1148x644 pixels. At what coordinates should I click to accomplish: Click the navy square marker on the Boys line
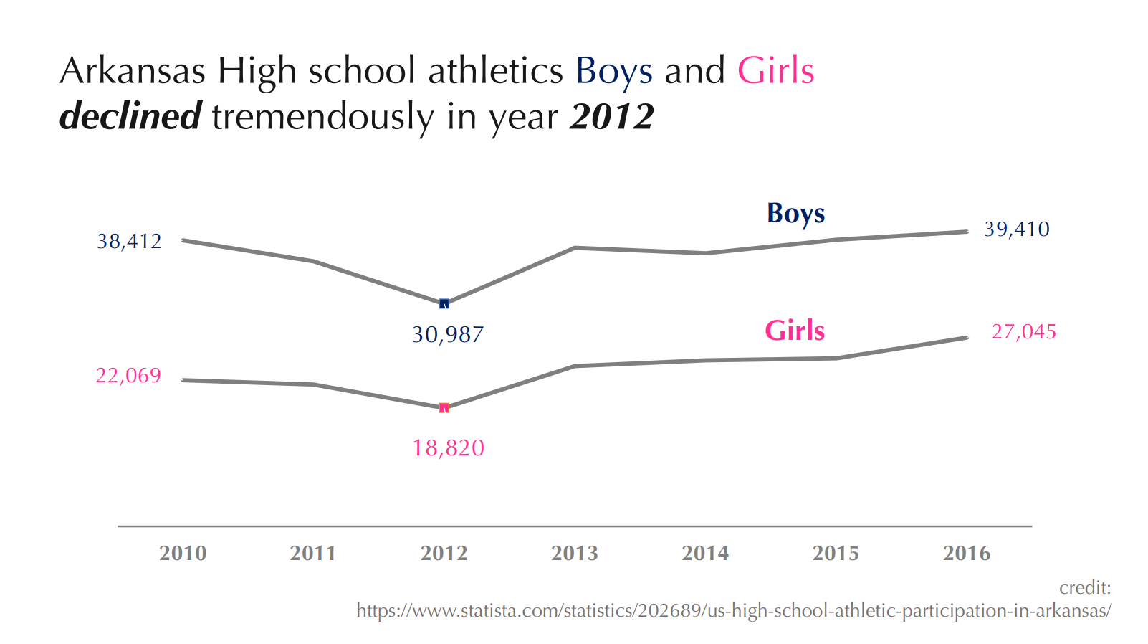click(x=444, y=303)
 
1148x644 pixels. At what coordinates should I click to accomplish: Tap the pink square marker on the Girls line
click(x=444, y=408)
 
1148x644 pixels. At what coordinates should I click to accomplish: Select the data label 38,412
click(x=129, y=242)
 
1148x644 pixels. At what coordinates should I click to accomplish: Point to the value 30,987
click(x=448, y=335)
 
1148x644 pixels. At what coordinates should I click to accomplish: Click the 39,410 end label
click(x=1017, y=229)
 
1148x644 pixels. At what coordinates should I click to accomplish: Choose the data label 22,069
click(x=128, y=376)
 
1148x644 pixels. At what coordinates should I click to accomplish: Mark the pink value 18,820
click(x=448, y=448)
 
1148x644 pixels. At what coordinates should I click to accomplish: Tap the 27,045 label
click(x=1023, y=332)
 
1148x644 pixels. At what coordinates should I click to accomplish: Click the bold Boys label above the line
click(x=796, y=214)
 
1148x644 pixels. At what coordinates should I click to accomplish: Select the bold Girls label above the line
click(x=795, y=330)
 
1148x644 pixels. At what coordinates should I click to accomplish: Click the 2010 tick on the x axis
click(x=183, y=553)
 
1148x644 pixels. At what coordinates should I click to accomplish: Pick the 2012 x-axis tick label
click(x=444, y=553)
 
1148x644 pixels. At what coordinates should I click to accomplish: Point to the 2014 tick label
click(x=705, y=553)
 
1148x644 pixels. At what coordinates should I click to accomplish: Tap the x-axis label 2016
click(x=967, y=553)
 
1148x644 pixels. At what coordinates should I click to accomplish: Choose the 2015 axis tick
click(x=836, y=553)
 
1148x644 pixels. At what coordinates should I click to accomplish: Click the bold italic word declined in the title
click(x=130, y=116)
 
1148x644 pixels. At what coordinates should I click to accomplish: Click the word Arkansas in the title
click(x=133, y=70)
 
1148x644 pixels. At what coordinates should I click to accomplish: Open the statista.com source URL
click(x=734, y=611)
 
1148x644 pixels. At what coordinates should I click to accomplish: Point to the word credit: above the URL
click(x=1085, y=587)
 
